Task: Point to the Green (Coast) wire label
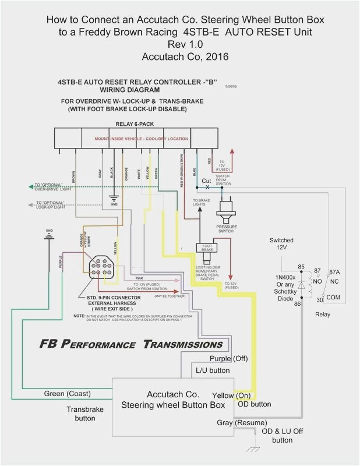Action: pyautogui.click(x=68, y=394)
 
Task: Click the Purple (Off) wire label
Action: pyautogui.click(x=229, y=358)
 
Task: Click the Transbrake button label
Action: pyautogui.click(x=84, y=414)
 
